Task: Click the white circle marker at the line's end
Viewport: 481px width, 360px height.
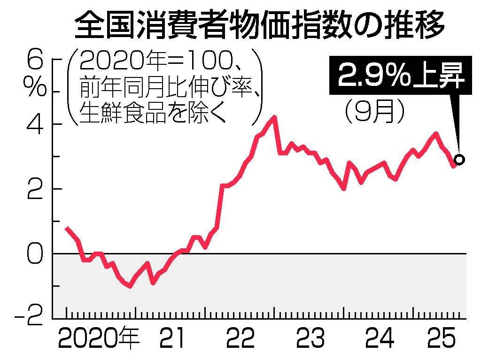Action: [x=459, y=160]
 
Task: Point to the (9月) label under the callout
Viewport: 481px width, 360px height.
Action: [x=374, y=112]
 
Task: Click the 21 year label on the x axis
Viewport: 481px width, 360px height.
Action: [x=173, y=339]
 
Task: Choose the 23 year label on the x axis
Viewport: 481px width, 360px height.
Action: [x=310, y=339]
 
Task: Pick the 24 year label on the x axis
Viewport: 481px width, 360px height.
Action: [x=380, y=339]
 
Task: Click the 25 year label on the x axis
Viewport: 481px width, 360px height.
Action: [x=443, y=339]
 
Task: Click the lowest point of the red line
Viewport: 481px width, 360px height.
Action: [x=130, y=286]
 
